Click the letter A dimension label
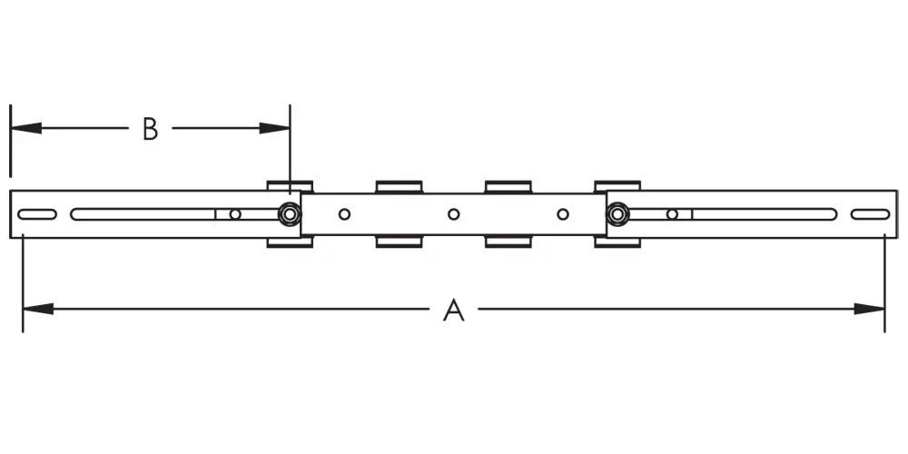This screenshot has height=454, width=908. point(453,311)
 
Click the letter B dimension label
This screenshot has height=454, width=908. point(151,129)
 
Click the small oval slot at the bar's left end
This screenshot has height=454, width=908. point(37,214)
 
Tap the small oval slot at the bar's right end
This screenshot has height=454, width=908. point(870,214)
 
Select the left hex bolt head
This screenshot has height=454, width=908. point(290,214)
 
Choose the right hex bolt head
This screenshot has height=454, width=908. point(617,214)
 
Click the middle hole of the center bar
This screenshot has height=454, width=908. point(453,214)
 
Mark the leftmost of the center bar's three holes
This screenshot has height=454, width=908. point(344,214)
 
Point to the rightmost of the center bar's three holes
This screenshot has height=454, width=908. point(563,214)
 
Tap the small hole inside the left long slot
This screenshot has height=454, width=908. point(235,214)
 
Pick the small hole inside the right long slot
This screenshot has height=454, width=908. point(672,214)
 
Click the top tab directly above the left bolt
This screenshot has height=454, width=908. point(290,186)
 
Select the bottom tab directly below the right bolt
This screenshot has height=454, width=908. point(617,242)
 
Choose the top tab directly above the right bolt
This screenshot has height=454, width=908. point(617,186)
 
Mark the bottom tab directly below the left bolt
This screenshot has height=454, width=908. point(290,242)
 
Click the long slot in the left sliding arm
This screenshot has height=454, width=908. point(145,214)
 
